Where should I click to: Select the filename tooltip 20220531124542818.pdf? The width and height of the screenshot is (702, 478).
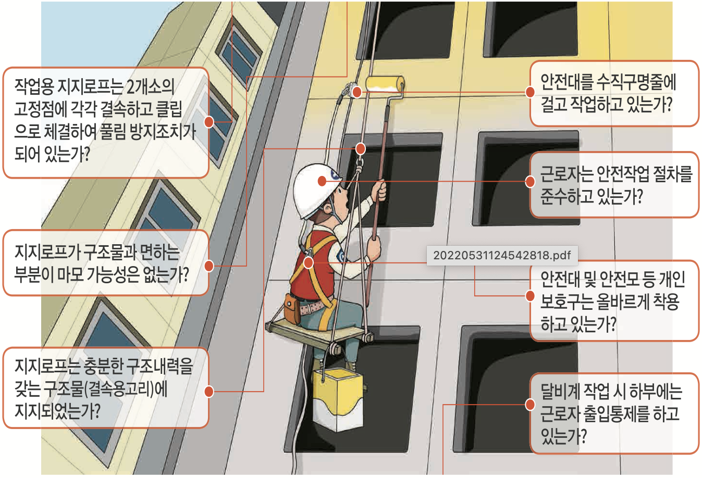pyautogui.click(x=502, y=255)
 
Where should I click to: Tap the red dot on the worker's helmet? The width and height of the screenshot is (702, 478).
pyautogui.click(x=322, y=181)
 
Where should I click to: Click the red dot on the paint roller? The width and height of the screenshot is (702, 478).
pyautogui.click(x=357, y=92)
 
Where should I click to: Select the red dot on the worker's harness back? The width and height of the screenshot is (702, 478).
pyautogui.click(x=308, y=263)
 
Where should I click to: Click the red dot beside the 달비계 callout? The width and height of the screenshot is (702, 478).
pyautogui.click(x=530, y=405)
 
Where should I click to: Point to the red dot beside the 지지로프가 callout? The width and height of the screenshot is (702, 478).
pyautogui.click(x=209, y=266)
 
